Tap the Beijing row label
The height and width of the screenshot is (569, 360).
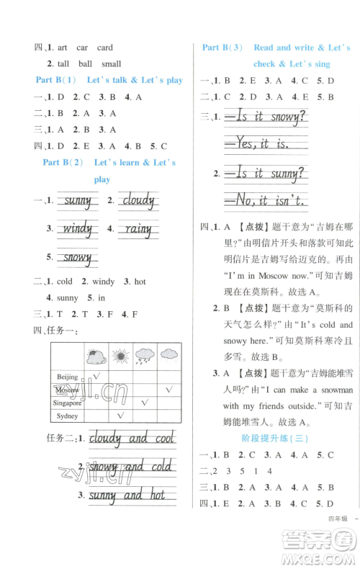tap(67, 377)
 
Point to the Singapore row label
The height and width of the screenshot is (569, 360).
tap(69, 403)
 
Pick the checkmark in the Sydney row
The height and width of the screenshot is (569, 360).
tap(121, 416)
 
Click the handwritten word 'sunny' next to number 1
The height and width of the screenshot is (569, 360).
tap(77, 201)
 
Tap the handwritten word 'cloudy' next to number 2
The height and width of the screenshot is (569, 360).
tap(139, 201)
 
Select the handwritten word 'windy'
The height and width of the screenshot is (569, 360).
tap(77, 230)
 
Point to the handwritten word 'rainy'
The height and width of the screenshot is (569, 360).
tap(137, 230)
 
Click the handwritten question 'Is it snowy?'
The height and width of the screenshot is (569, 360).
tap(265, 116)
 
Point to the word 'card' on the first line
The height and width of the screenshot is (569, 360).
tap(104, 48)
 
